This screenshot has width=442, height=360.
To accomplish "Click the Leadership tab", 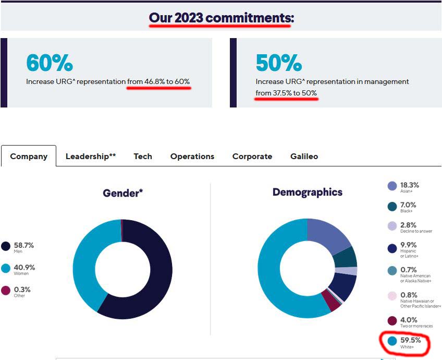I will point(90,156).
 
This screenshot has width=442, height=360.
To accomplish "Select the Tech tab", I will point(143,156).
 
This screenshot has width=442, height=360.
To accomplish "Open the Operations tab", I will point(192,156).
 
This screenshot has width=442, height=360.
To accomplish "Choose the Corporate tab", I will point(252,156).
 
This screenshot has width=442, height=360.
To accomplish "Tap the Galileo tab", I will point(304,156).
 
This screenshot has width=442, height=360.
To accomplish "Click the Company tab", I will point(29,156).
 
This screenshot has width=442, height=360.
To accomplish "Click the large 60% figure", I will point(50,63).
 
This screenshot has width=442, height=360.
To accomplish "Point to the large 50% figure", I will point(279,63).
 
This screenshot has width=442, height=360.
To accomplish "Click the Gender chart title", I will point(123,193).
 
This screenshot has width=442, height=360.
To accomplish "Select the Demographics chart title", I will point(308,192).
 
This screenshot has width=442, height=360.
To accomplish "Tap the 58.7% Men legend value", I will point(24,245).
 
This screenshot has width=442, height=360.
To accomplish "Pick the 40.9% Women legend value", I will point(25,267).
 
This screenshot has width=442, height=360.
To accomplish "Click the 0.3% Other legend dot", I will point(6,291).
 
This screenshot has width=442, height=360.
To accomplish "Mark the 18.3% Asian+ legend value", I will point(410,185).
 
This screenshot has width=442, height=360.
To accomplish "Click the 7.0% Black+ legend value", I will point(408,205).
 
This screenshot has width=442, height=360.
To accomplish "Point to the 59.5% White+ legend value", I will point(411,340).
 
